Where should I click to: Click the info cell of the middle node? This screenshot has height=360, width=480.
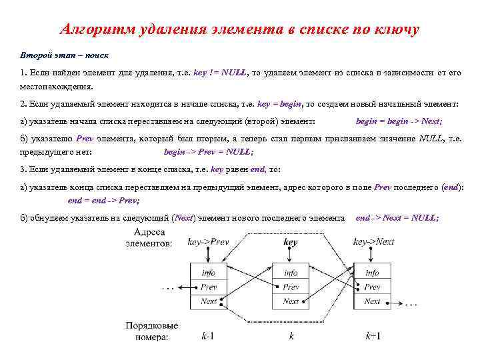pos(291,273)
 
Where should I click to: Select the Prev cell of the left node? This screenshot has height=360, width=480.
pos(209,287)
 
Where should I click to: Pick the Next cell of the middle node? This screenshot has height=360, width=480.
pos(291,301)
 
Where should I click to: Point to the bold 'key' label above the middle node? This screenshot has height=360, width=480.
pos(291,242)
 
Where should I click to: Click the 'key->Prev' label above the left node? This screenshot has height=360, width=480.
pos(208,242)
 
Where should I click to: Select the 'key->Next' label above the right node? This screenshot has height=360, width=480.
pos(374,242)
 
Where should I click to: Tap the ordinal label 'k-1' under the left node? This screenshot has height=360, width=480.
pos(207,336)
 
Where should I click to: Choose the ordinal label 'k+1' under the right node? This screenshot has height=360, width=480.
pos(373,336)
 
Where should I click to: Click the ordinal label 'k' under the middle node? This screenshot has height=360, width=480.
pos(291,336)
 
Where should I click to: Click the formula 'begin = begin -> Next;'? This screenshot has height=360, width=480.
pos(399,121)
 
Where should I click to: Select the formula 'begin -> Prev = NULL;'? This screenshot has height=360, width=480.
pos(209,152)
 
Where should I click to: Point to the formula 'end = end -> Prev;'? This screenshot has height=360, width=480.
pos(104,200)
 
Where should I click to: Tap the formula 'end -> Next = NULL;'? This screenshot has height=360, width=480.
pos(397,218)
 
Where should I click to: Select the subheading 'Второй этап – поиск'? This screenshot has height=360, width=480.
pos(64,54)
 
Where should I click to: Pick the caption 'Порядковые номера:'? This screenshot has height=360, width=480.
pos(151,331)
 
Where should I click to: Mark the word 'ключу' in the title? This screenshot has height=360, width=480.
pos(394,30)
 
